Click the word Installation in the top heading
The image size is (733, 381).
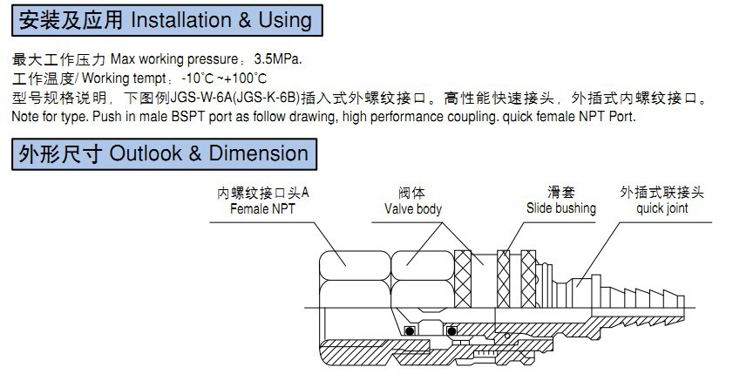coord(178,18)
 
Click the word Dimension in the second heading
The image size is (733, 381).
coord(258,153)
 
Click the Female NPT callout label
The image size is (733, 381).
coord(262,209)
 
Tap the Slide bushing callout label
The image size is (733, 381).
coord(561,209)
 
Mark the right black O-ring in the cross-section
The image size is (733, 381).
coord(452,330)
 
